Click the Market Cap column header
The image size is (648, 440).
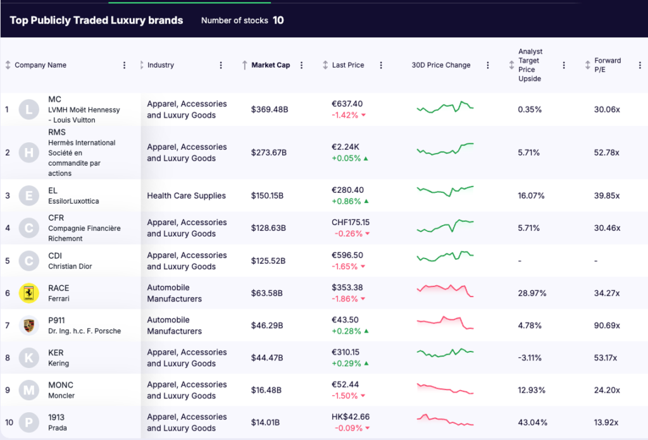point(270,65)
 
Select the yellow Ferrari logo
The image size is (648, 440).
point(28,293)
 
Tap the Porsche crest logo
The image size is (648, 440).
point(28,326)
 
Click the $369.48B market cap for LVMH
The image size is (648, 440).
point(269,109)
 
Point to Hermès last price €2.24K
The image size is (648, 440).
point(346,147)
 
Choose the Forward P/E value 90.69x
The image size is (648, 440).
point(607,326)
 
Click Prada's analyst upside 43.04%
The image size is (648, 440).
point(532,422)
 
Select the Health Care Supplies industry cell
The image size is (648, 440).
point(186,196)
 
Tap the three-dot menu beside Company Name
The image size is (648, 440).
point(124,65)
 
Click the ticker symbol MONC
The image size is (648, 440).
point(61,385)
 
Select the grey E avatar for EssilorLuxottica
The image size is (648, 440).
point(28,196)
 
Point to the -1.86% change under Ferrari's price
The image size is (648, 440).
point(345,299)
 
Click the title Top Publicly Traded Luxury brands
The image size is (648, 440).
point(96,20)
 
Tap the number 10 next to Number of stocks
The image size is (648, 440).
point(278,20)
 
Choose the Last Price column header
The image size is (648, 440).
point(348,65)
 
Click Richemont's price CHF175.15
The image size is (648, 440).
point(351,223)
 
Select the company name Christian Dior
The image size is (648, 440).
point(70,266)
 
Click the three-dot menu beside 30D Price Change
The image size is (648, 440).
point(488,65)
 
